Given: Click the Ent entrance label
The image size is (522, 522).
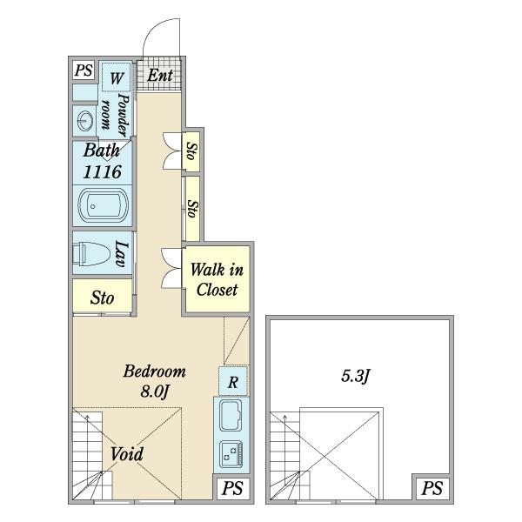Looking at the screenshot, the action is coord(160,75).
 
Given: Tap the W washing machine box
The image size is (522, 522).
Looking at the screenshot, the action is coord(117,77).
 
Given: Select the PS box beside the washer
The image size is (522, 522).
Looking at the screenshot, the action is coord(84,70).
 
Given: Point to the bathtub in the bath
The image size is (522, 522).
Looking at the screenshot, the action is coord(103,205).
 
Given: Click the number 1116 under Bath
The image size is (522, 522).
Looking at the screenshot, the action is coord(102,172).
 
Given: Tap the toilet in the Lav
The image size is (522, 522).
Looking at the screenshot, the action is coord(91,254).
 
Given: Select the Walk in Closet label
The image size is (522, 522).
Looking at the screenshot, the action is coord(217,279).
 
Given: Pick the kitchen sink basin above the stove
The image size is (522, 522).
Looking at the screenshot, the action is coord(231,415).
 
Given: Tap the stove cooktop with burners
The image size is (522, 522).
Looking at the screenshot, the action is coord(231,454).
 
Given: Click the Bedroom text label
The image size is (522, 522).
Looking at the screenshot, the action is coord(155,371).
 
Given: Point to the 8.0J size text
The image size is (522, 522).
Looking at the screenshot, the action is coord(154,391).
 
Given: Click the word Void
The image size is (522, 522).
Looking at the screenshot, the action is coord(127,454).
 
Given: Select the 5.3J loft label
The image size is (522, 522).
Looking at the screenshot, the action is coord(356,376).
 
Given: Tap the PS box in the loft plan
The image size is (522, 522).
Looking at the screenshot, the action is coord(432,488).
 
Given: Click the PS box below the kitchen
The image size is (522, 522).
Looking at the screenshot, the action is coord(232,488).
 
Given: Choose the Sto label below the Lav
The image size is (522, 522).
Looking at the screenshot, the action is coord(102,298).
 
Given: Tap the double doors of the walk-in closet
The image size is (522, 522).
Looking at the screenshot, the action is coord(171,268).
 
